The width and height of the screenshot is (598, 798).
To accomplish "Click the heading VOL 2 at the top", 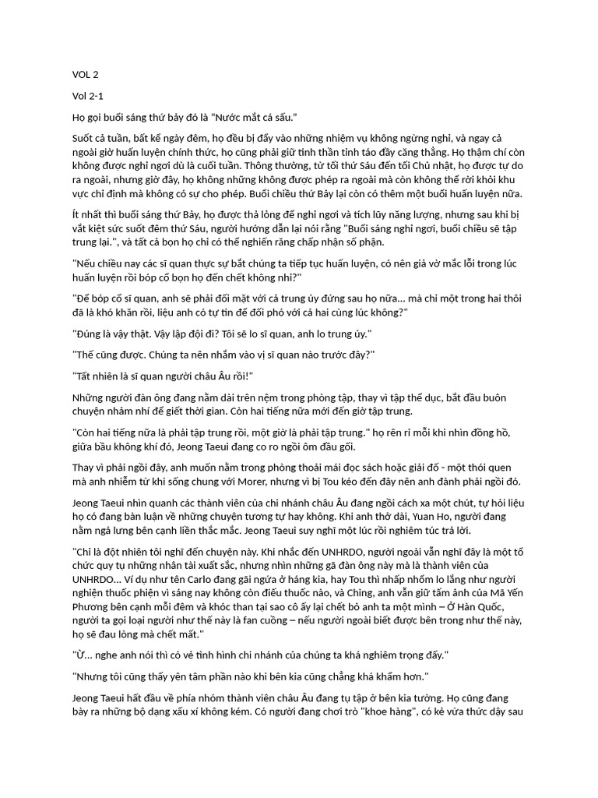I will [86, 76].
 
